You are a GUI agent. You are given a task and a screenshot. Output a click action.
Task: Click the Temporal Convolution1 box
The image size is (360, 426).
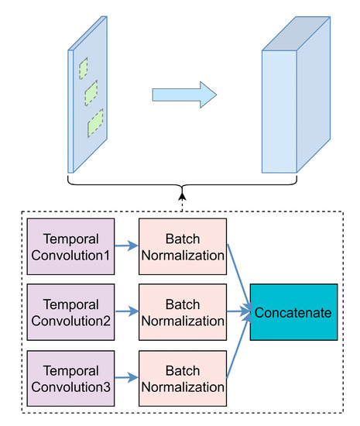tap(70, 246)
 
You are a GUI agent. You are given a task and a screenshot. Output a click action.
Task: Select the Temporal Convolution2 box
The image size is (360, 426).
tap(70, 312)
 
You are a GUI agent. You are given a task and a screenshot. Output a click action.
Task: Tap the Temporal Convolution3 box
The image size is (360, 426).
tap(70, 378)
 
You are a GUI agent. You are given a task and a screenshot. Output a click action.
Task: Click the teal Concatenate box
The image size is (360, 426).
tap(293, 312)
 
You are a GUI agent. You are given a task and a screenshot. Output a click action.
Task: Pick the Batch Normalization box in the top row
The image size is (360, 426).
tap(182, 246)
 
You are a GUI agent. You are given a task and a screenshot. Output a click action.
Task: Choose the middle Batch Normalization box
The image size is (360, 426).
tap(182, 312)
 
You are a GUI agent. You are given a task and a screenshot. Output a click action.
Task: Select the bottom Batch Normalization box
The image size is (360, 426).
tap(182, 378)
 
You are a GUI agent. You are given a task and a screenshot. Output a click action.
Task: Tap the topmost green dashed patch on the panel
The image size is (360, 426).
tap(83, 67)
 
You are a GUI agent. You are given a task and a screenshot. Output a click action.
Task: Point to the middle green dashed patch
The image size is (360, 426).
tap(91, 93)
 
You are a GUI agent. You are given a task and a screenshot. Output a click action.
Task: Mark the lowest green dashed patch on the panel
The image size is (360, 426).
tap(95, 122)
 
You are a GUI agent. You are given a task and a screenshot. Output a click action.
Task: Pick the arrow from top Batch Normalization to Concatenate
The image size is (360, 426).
tap(238, 275)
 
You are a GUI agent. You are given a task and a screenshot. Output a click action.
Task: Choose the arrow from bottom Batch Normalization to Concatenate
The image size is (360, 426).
tap(238, 349)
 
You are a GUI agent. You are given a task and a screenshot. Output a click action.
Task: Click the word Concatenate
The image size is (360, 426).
tap(293, 312)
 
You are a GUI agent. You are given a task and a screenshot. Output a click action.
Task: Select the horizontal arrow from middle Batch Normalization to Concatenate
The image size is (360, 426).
tap(238, 312)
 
